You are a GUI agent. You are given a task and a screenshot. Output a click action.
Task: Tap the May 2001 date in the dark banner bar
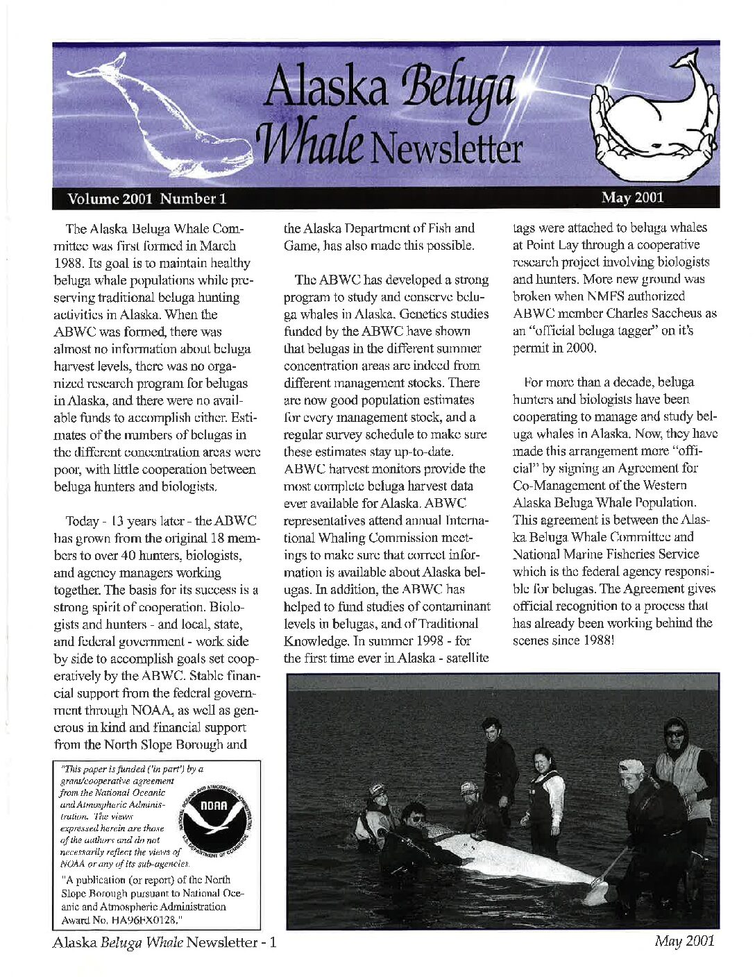(x=632, y=198)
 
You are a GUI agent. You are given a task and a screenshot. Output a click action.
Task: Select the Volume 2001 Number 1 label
(x=147, y=198)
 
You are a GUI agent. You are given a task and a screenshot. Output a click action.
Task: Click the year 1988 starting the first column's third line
(x=69, y=263)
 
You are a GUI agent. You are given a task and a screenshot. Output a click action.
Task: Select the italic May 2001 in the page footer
(x=684, y=942)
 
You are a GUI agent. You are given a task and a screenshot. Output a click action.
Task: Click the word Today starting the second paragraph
(x=82, y=521)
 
